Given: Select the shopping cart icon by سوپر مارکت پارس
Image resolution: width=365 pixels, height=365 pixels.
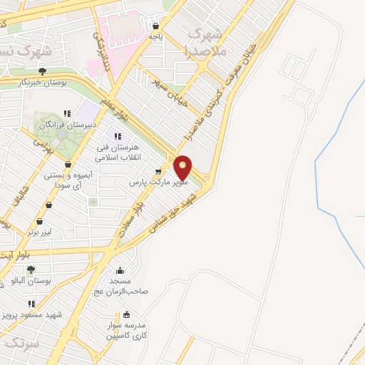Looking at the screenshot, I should tap(158, 172).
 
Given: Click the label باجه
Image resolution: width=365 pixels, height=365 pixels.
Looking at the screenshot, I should tap(155, 36).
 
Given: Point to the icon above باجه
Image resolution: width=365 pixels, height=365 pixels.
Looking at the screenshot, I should tap(155, 26).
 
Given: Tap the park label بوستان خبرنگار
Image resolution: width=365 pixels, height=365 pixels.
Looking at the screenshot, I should tap(43, 82).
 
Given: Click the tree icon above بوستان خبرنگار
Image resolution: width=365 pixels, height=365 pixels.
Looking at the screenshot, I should tap(43, 71).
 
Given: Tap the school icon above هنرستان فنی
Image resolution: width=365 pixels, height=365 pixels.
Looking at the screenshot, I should tap(118, 136).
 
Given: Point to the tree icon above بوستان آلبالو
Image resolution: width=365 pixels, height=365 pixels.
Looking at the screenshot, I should tap(30, 270).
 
